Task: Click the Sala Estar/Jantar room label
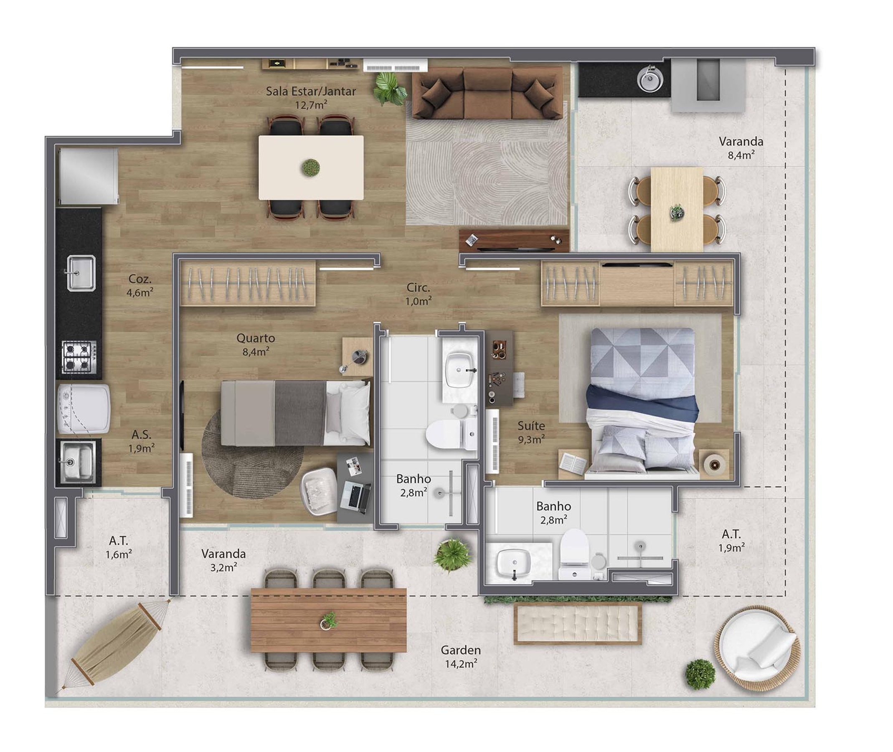(x=311, y=91)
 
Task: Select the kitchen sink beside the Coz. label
(x=81, y=273)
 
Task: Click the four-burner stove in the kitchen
(x=79, y=356)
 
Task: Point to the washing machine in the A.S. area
(x=83, y=409)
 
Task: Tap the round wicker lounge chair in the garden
(x=757, y=648)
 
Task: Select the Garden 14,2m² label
(x=461, y=657)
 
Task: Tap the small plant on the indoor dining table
(x=311, y=167)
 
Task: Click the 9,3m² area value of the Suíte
(x=531, y=439)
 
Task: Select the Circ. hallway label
(x=418, y=288)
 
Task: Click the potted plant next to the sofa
(x=389, y=88)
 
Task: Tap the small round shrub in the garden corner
(x=700, y=674)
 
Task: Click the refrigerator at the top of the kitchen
(x=89, y=176)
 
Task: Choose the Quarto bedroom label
(x=256, y=338)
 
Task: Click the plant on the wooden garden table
(x=328, y=621)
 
